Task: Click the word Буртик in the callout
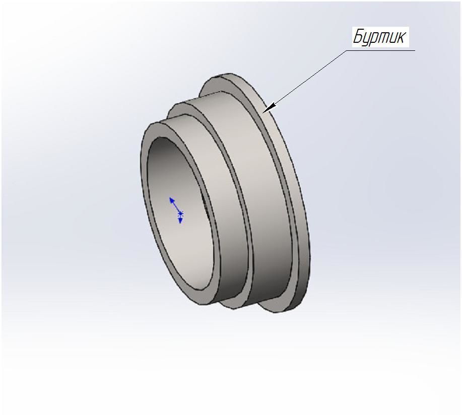(379, 37)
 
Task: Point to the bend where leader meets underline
(351, 50)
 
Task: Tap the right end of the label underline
(414, 50)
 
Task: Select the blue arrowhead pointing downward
(180, 221)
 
